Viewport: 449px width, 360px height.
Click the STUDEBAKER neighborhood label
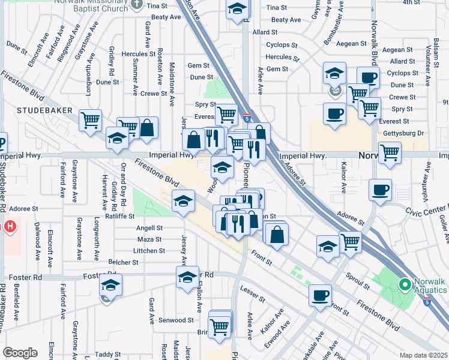(x=45, y=110)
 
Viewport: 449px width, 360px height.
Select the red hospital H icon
(x=10, y=227)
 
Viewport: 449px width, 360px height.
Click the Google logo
(x=20, y=352)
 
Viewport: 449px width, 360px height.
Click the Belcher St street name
(x=124, y=262)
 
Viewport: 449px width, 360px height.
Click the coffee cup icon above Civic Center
(x=380, y=191)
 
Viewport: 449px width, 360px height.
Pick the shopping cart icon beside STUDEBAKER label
(x=91, y=119)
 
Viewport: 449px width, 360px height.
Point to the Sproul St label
(x=358, y=278)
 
